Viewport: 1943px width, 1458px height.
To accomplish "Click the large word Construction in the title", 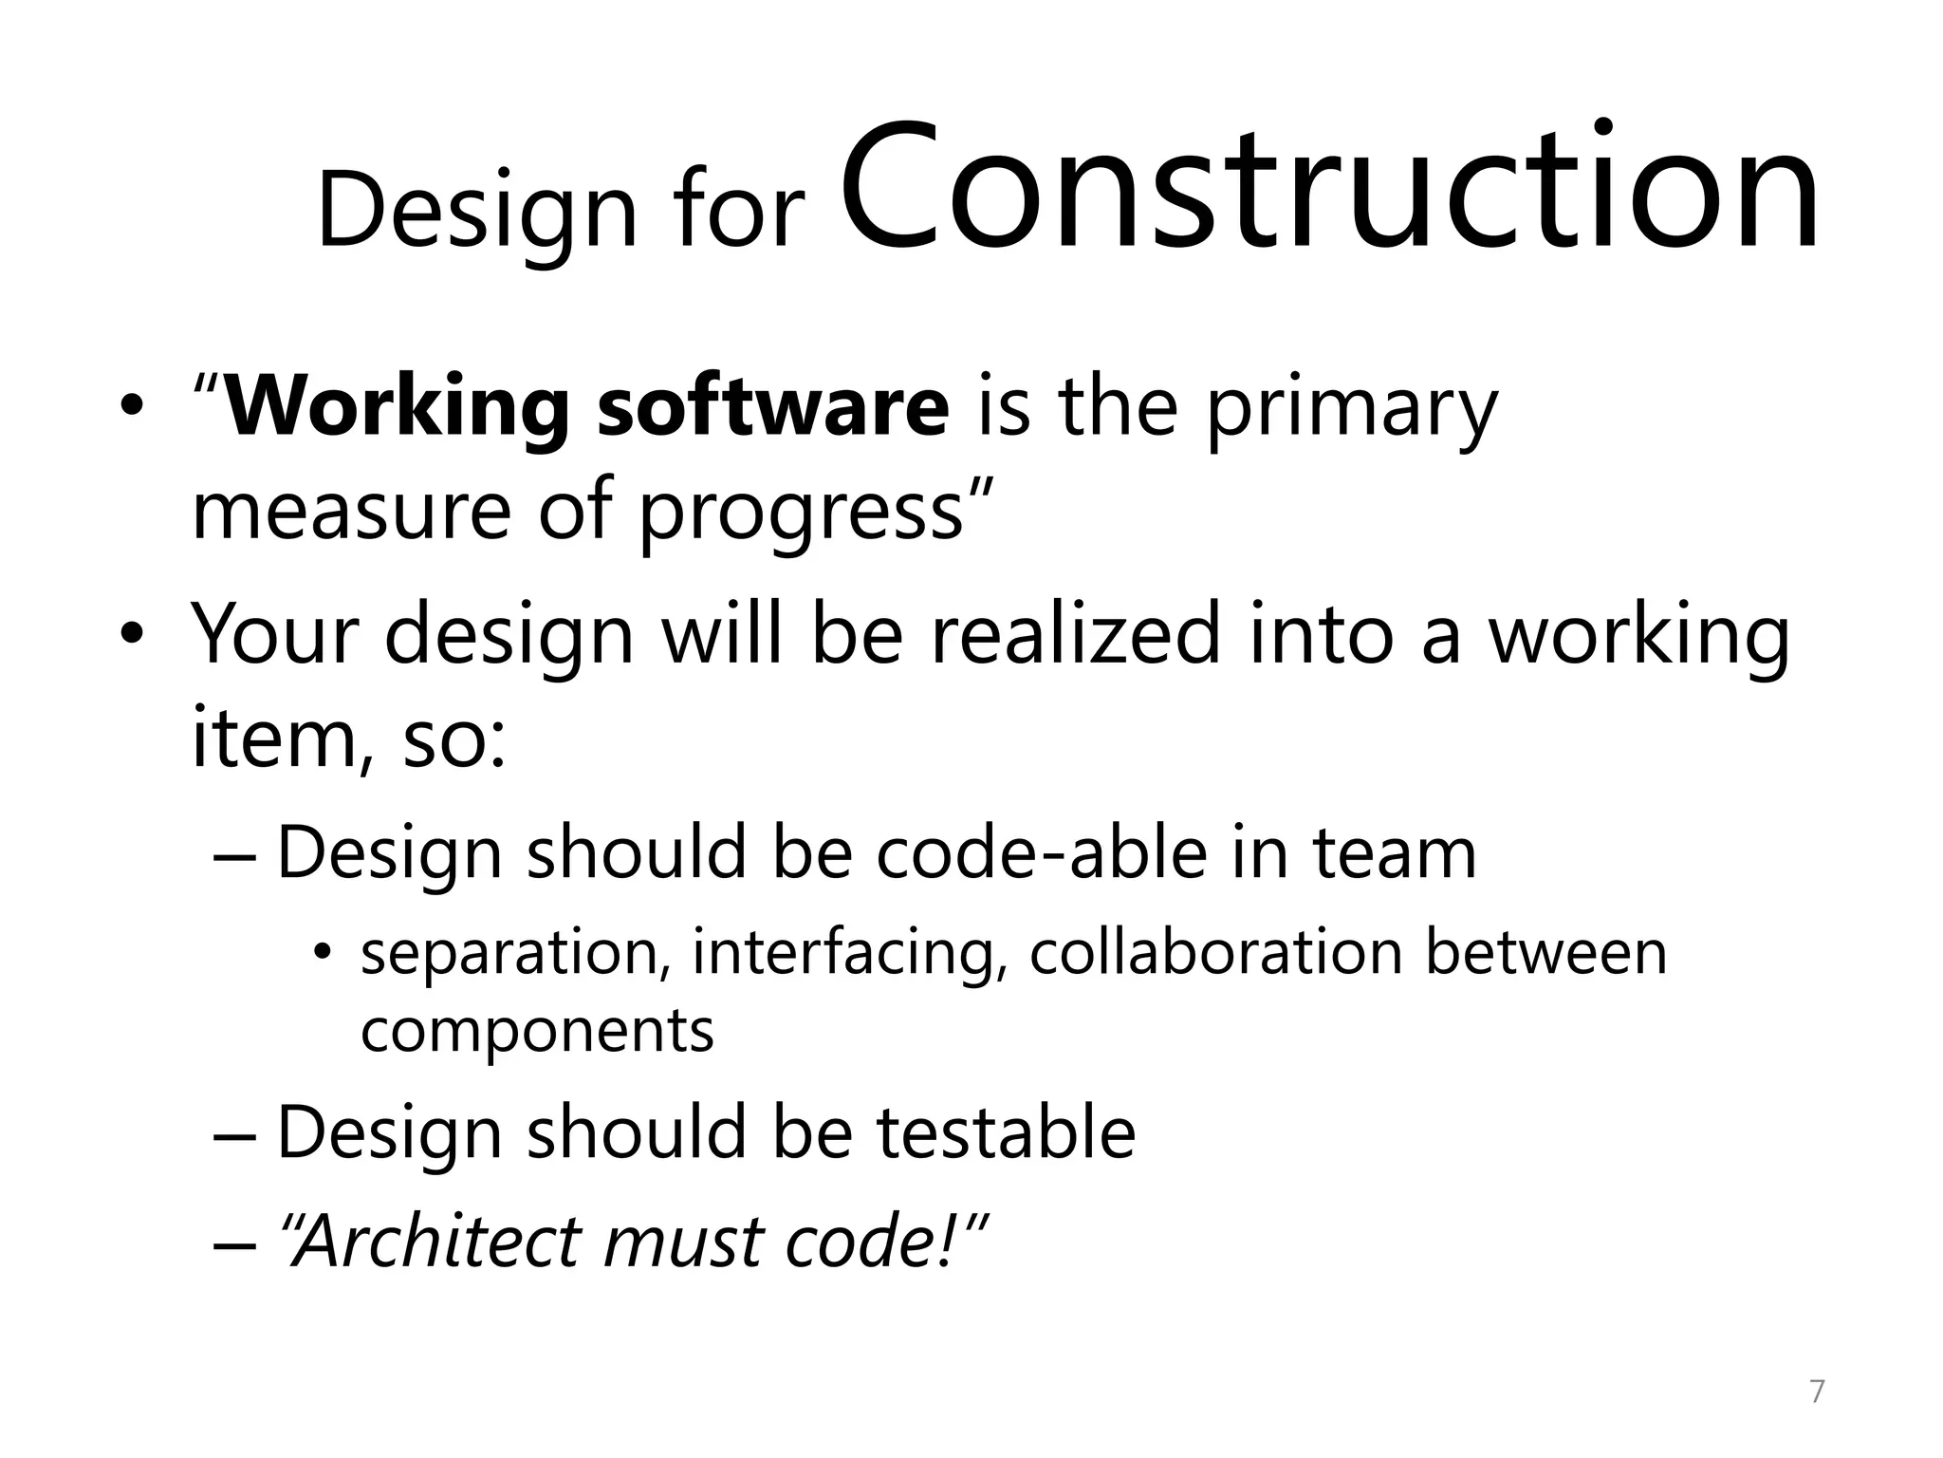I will pos(1328,190).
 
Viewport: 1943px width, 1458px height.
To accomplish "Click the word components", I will pos(537,1033).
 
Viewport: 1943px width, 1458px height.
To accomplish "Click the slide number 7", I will pos(1817,1392).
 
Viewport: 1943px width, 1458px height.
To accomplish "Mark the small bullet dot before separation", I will pos(324,954).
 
